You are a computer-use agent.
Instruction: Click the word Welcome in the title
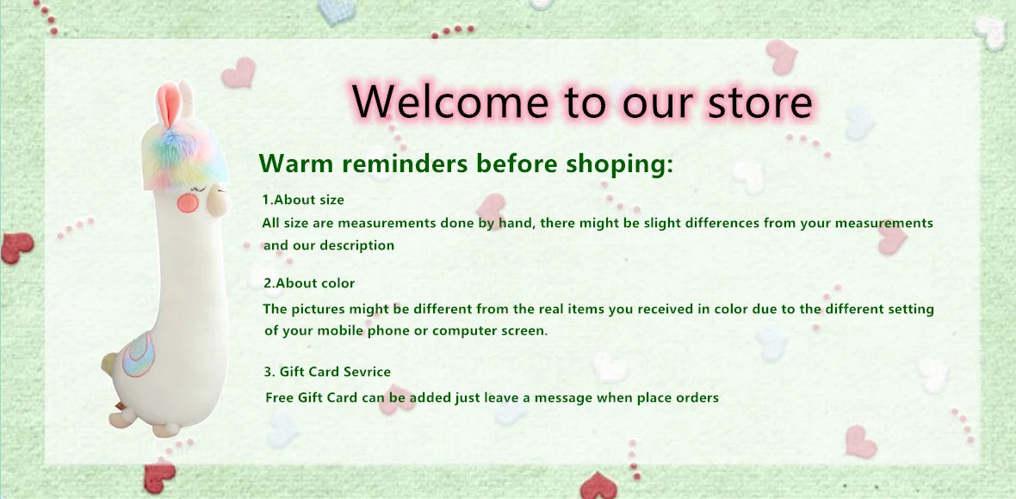pos(450,102)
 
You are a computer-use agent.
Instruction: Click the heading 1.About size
pos(303,200)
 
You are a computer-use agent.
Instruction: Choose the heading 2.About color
pos(309,283)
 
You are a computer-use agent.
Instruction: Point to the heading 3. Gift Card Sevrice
pos(327,372)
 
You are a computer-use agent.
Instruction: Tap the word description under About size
pos(356,245)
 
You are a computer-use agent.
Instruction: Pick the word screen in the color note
pos(523,330)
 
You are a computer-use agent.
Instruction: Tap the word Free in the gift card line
pos(280,397)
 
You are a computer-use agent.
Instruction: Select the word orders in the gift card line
pos(697,397)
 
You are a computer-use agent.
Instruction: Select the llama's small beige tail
pos(108,365)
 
